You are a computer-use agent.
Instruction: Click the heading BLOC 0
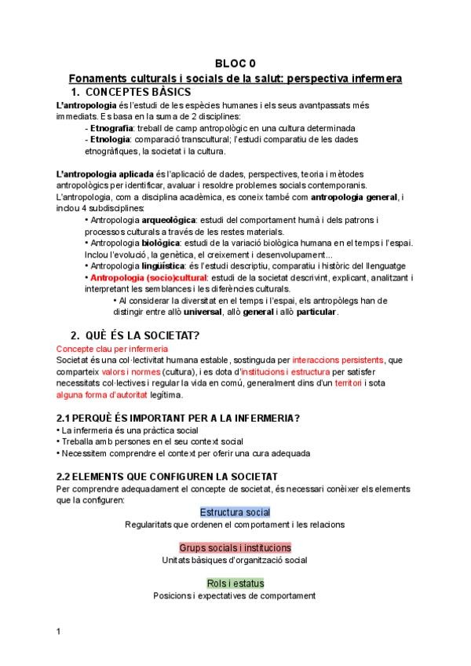[235, 64]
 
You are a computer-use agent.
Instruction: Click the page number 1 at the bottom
[59, 631]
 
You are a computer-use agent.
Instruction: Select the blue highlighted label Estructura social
[235, 512]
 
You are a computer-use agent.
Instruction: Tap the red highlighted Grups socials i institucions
[235, 547]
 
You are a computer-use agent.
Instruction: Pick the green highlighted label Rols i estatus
[235, 583]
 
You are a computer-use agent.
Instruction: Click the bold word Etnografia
[111, 127]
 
